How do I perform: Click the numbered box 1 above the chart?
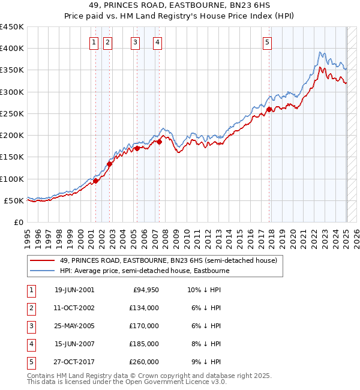click(x=95, y=42)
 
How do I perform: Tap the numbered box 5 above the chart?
click(x=267, y=42)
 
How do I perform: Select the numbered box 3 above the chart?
click(x=136, y=42)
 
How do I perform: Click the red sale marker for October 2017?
click(x=269, y=109)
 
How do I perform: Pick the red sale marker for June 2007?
click(x=159, y=142)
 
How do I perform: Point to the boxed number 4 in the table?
click(x=30, y=344)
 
